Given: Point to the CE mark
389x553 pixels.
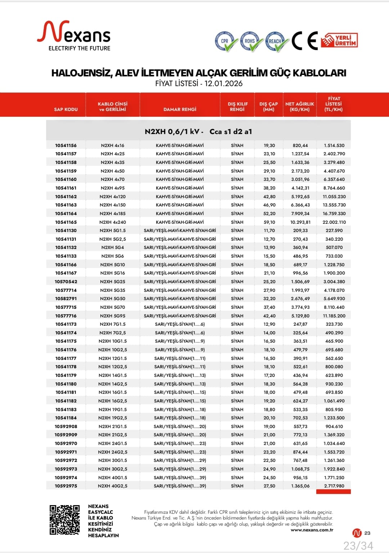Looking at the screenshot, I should pyautogui.click(x=305, y=40).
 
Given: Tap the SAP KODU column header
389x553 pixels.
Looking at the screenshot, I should pyautogui.click(x=66, y=109).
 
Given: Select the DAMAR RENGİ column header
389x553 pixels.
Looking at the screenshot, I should pyautogui.click(x=180, y=109).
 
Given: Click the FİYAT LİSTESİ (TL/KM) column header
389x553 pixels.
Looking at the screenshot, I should pyautogui.click(x=334, y=104).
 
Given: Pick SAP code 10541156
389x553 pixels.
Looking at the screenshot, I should pyautogui.click(x=66, y=146).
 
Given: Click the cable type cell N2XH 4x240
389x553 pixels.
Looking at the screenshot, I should pyautogui.click(x=113, y=222).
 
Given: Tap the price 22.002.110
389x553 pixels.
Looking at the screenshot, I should pyautogui.click(x=334, y=222).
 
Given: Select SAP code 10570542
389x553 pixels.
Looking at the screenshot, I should pyautogui.click(x=66, y=282).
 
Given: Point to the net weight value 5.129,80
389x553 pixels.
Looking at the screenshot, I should pyautogui.click(x=300, y=316).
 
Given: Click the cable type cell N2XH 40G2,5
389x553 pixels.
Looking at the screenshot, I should pyautogui.click(x=113, y=486).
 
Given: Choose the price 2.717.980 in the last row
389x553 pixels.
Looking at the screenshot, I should pyautogui.click(x=334, y=486).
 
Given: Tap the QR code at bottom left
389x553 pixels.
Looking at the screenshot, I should pyautogui.click(x=64, y=519).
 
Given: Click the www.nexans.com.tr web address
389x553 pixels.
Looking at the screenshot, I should pyautogui.click(x=312, y=530).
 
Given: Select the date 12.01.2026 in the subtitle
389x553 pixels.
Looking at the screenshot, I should pyautogui.click(x=223, y=84).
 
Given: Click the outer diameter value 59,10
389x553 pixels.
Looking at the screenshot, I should pyautogui.click(x=269, y=222).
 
